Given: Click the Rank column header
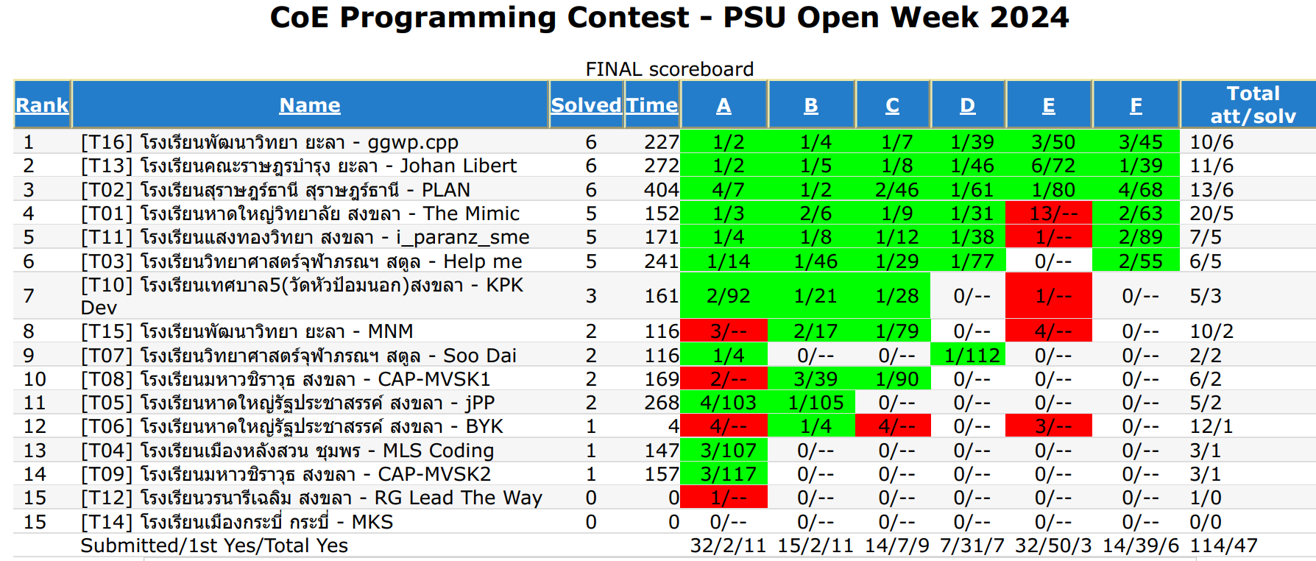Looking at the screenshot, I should (42, 105).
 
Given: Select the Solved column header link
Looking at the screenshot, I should (586, 105).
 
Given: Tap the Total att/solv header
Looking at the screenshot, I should (1253, 105).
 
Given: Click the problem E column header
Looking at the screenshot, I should (1048, 105).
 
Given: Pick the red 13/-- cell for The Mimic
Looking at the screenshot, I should (1049, 214).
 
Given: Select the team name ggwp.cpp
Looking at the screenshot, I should (412, 142).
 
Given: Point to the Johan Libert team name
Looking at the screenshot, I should (458, 166).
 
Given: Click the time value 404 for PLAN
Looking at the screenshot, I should (661, 190).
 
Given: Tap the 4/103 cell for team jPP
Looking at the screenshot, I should (727, 403).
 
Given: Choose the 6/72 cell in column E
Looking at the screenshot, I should (1053, 166).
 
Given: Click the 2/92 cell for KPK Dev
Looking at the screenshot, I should (727, 296).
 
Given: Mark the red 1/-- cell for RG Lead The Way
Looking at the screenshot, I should (727, 498).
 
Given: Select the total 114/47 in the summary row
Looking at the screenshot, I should (1223, 546).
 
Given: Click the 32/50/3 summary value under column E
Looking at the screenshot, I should (1053, 546).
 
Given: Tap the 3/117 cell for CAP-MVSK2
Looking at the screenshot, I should (727, 474).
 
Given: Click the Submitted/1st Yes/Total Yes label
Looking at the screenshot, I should (213, 546).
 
